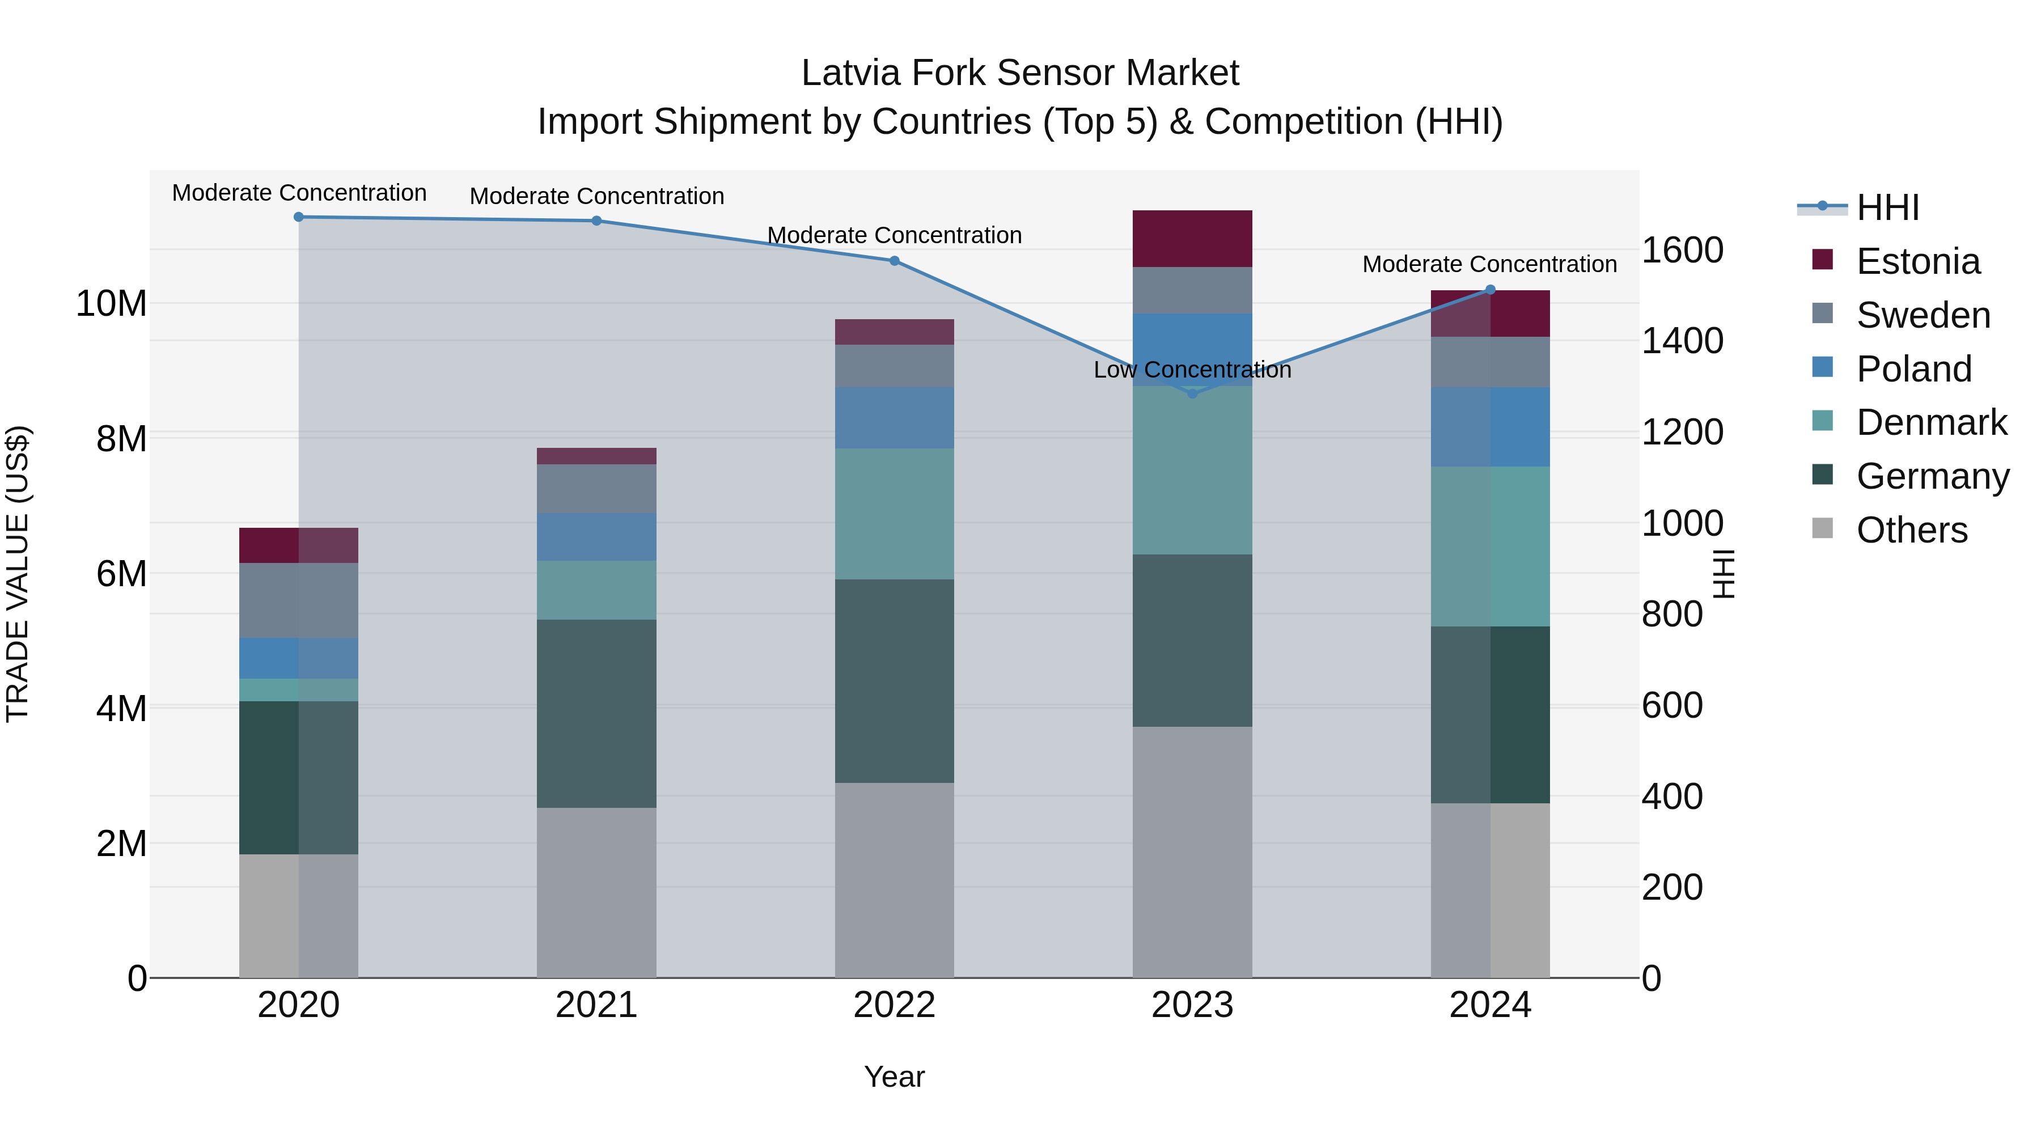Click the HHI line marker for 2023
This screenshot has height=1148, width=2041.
[x=1192, y=393]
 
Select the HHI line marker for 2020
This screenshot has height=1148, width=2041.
[x=299, y=217]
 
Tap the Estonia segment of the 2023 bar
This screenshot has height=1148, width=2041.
[x=1192, y=239]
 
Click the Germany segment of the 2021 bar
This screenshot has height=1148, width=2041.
[x=596, y=713]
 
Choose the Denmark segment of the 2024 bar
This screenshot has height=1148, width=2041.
[x=1490, y=546]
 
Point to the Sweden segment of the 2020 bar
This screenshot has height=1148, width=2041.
[x=299, y=600]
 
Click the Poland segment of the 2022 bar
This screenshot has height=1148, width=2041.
[x=895, y=417]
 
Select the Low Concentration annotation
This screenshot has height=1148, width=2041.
[x=1192, y=370]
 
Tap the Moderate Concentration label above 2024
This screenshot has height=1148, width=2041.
[x=1489, y=265]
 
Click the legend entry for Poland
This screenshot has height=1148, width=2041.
[x=1913, y=369]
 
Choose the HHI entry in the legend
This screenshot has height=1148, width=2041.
[x=1887, y=207]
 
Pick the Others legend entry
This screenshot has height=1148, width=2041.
[x=1911, y=530]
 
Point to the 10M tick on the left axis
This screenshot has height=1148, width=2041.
[x=111, y=303]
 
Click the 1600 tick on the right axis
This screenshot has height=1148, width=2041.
[x=1682, y=251]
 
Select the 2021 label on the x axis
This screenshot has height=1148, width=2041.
[x=596, y=1005]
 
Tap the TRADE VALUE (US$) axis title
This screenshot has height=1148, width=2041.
[x=18, y=574]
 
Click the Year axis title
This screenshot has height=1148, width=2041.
[x=895, y=1077]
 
